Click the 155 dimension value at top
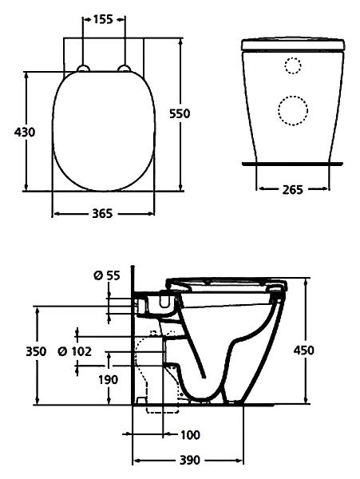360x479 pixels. (103, 19)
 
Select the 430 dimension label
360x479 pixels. (25, 132)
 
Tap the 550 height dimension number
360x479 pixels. (180, 113)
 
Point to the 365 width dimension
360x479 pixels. (103, 213)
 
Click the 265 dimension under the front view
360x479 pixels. (292, 190)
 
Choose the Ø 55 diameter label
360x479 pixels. (107, 275)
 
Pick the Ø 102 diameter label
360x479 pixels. (75, 351)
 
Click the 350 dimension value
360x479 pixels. (36, 351)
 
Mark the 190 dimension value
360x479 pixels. (108, 380)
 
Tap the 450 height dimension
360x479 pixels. (303, 350)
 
